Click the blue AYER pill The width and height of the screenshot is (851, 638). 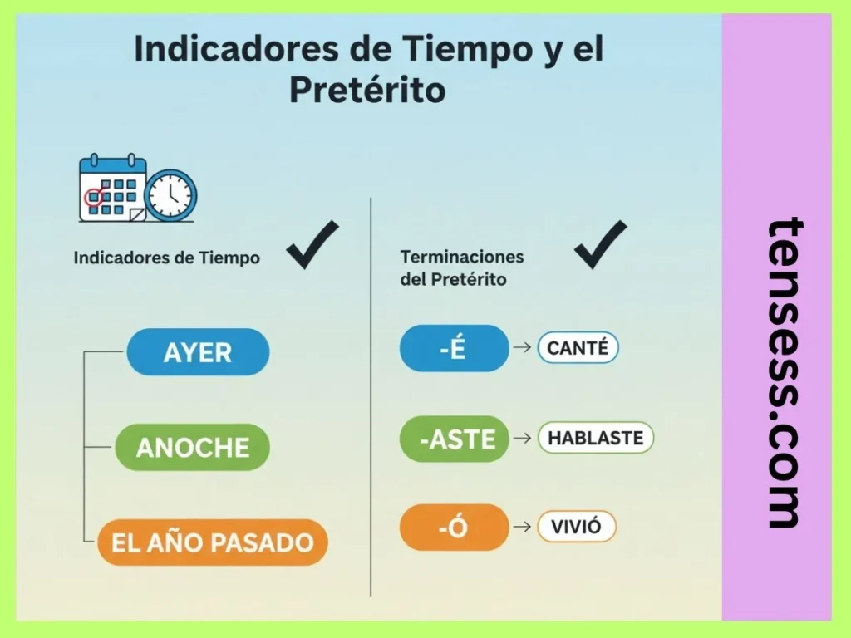coord(198,351)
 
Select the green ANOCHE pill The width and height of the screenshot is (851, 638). coord(192,447)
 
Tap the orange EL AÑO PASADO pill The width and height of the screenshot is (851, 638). coord(212,542)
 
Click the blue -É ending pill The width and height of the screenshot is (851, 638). coord(454,348)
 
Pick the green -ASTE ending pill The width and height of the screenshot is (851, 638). coord(454,439)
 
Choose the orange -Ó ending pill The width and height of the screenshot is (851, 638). coord(454,527)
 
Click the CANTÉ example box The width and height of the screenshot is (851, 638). coord(578,348)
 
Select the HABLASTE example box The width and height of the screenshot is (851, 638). coord(596,438)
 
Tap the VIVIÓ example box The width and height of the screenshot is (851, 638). coord(577,527)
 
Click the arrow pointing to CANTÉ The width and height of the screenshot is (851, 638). coord(523,348)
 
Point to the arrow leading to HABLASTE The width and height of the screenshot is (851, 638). coord(523,439)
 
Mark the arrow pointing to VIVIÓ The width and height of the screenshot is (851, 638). coord(523,527)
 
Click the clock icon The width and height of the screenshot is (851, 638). coord(170,195)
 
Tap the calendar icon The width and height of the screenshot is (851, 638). coord(112,189)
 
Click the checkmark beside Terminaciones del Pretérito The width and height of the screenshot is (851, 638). coord(600,244)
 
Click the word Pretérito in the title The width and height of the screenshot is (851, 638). coord(367,90)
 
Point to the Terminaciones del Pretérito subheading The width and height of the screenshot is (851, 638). coord(462,267)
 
